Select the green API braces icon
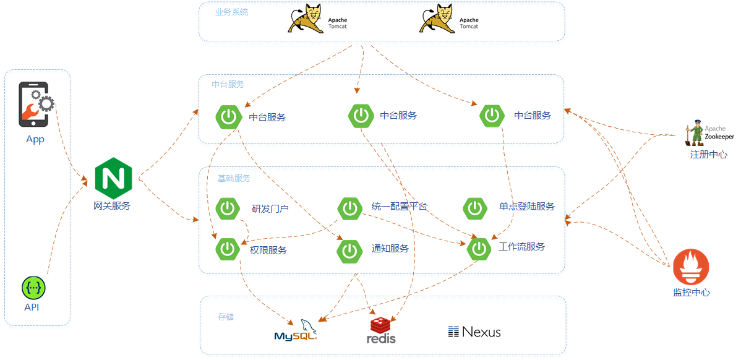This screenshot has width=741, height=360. pos(34,288)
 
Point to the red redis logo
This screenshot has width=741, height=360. pos(381,331)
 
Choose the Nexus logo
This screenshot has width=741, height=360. pos(474,332)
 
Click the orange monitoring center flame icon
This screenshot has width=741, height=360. pos(691,267)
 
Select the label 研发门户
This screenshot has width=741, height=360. pos(270,208)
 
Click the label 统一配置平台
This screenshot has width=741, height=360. pos(400,206)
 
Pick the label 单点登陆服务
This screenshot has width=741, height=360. pos(527,206)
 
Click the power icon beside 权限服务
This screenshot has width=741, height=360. pos(228,249)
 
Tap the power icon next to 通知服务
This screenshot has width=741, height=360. pos(349,250)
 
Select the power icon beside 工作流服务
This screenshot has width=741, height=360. pos(479,249)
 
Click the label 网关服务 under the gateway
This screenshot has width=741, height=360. pos(112,206)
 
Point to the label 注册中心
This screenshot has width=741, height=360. pos(709,155)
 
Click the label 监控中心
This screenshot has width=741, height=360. pos(691,293)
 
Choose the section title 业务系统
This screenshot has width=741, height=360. pos(231,12)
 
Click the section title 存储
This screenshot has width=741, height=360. pos(226,317)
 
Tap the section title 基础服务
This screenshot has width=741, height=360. pos(234,178)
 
